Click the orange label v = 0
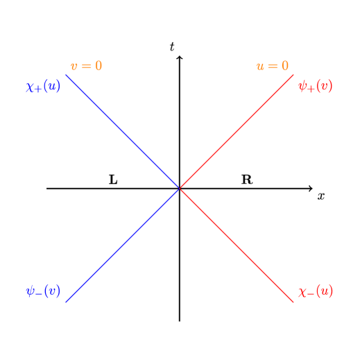(86, 67)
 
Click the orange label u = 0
(272, 67)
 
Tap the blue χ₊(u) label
(43, 87)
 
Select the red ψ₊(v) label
(315, 87)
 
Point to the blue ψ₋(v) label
(43, 291)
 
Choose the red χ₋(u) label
(315, 291)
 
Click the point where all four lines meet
(180, 188)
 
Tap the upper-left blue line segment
(123, 131)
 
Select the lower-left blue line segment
(123, 245)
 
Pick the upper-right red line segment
(237, 131)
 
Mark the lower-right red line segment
(237, 245)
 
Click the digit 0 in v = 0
(98, 67)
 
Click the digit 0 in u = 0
(284, 67)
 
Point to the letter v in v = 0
(74, 67)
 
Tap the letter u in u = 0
(260, 67)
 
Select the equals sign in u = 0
(272, 67)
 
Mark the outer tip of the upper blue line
(66, 75)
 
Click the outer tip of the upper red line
(293, 75)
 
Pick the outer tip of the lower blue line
(66, 302)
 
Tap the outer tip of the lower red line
(293, 302)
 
